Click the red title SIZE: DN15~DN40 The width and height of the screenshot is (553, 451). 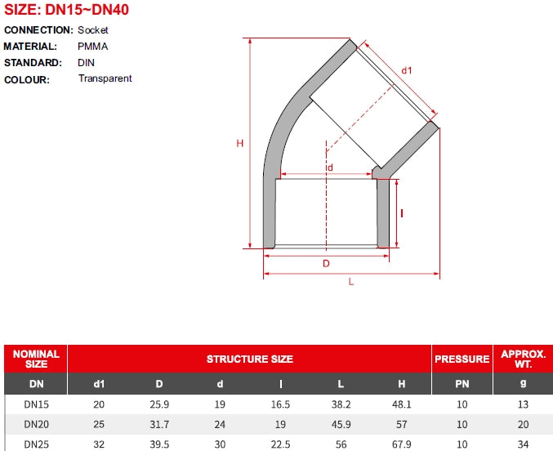pos(66,10)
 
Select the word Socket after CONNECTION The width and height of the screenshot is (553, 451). pos(93,30)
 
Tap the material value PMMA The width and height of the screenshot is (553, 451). pos(93,47)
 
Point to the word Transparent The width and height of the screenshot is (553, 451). pos(105,78)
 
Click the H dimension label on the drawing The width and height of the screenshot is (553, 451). pos(240,143)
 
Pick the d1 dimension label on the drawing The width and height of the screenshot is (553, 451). pos(407,70)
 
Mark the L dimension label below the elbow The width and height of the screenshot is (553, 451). pos(351,282)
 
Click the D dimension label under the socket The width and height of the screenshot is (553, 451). pos(326,264)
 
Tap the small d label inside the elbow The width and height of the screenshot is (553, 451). pos(330,167)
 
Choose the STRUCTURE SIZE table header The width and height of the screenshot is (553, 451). pos(250,359)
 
